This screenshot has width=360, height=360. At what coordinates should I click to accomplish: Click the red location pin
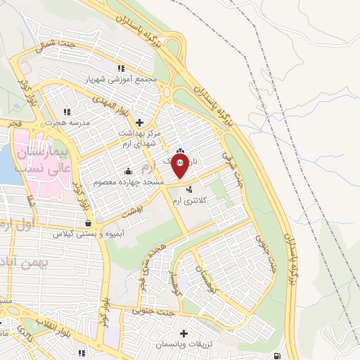tap(181, 167)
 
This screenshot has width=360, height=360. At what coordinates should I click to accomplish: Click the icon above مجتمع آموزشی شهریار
tap(121, 68)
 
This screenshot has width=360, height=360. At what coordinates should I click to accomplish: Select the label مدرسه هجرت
tap(66, 122)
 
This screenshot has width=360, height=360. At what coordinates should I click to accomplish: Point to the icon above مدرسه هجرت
tap(67, 111)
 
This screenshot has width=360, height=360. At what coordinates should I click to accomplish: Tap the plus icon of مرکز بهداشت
tap(139, 122)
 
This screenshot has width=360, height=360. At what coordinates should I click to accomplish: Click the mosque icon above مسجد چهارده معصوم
tap(127, 170)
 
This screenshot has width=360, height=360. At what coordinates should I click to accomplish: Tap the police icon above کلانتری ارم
tap(188, 189)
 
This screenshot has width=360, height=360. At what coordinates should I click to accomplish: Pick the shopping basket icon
tap(87, 223)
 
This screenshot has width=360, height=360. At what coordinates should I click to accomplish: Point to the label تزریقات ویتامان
tap(184, 345)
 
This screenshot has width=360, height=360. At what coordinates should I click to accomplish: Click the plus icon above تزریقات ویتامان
tap(184, 333)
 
